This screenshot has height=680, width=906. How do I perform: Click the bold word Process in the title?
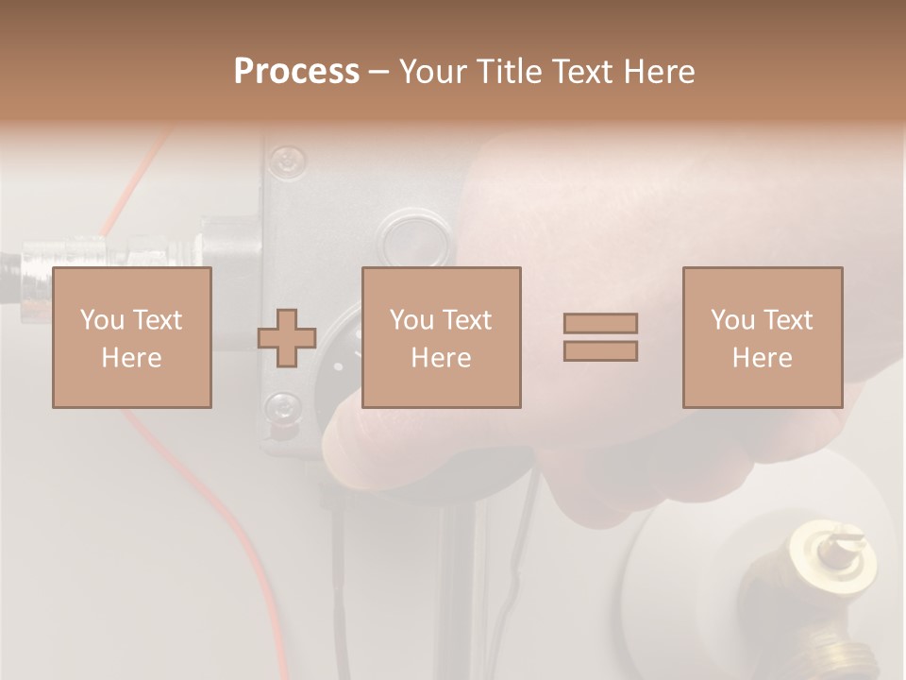[296, 71]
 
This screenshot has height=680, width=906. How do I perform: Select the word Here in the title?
[659, 71]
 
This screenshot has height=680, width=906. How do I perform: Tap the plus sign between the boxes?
[287, 338]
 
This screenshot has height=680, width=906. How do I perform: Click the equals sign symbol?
[600, 337]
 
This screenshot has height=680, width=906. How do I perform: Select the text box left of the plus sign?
[132, 337]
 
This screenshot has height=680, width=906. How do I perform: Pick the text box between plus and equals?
[441, 337]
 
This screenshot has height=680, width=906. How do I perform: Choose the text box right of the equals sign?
[762, 337]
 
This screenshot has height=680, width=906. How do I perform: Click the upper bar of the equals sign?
[600, 323]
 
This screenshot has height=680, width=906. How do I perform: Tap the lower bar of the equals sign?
[600, 350]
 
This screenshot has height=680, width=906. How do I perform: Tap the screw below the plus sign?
[282, 408]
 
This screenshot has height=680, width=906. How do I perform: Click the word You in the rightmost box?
[732, 320]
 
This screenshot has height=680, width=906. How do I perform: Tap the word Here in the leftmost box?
[132, 357]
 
